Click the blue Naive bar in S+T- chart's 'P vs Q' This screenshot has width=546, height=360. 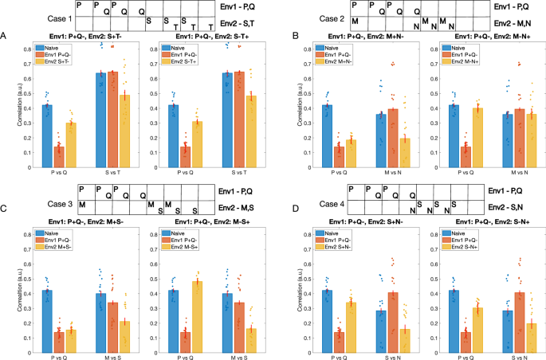(x=47, y=136)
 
